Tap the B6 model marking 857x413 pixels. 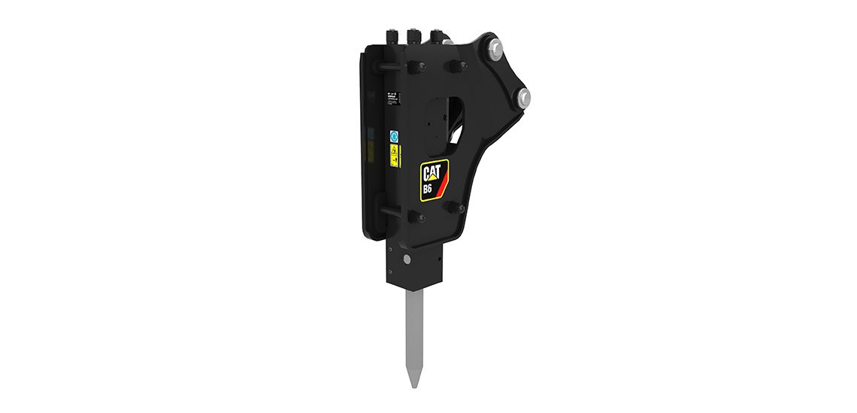tap(427, 189)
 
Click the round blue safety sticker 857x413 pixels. tap(395, 138)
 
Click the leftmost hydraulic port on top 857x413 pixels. tap(393, 36)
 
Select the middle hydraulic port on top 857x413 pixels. tap(414, 36)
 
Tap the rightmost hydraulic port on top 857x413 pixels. tap(435, 36)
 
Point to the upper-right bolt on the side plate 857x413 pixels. tap(454, 68)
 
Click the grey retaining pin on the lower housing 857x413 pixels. tap(407, 260)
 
